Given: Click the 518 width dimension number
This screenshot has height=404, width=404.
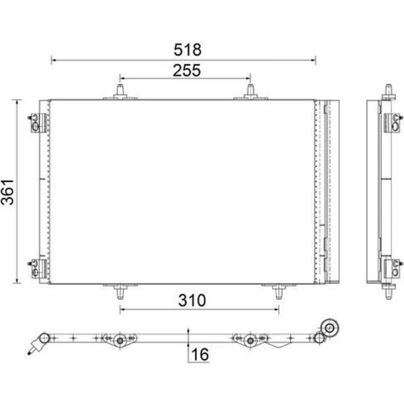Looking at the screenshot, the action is tap(187, 50).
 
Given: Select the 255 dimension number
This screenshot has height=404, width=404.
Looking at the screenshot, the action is tap(187, 70).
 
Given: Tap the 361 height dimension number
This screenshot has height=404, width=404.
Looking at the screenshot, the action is tap(8, 192).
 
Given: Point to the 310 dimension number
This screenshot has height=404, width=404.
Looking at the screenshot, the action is tap(192, 300).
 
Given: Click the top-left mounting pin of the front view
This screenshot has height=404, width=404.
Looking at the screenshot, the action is tap(120, 91).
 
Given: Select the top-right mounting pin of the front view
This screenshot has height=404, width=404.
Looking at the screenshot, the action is tap(250, 91).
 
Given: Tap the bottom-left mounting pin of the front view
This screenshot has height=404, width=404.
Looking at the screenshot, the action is tap(120, 291).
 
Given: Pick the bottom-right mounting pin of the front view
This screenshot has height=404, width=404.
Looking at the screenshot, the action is tap(279, 291).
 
